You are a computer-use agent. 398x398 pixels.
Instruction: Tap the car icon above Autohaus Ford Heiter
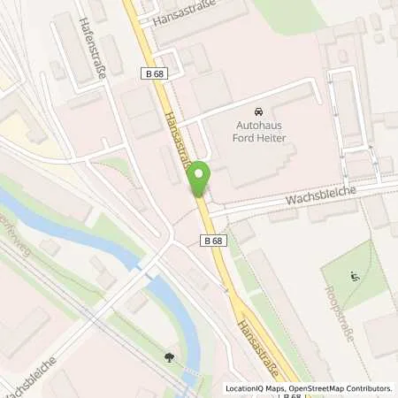pyautogui.click(x=257, y=113)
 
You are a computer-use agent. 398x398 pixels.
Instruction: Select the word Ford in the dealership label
pyautogui.click(x=246, y=140)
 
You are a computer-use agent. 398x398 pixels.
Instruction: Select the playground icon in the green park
pyautogui.click(x=355, y=275)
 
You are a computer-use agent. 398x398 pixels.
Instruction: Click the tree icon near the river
pyautogui.click(x=168, y=358)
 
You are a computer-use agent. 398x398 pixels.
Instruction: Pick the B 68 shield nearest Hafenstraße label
pyautogui.click(x=152, y=75)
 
